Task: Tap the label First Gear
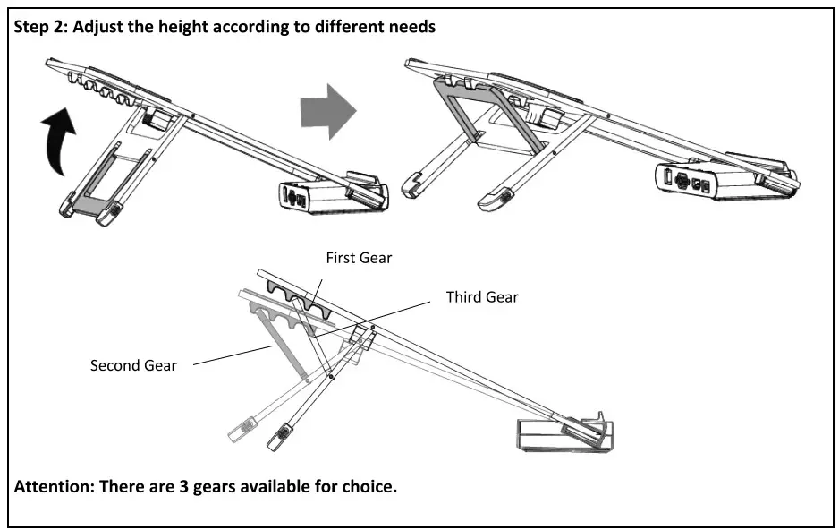click(x=359, y=258)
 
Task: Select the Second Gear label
click(x=133, y=365)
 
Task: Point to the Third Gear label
click(x=482, y=296)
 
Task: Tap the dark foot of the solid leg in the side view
click(x=281, y=435)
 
